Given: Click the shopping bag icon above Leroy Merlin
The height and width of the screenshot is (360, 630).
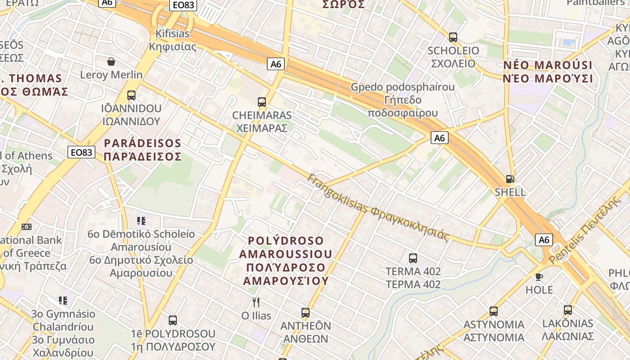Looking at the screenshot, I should [111, 61].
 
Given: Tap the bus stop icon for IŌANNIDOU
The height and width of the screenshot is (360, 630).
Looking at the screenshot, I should [131, 95].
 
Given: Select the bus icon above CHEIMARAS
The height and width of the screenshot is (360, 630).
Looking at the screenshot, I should [262, 102].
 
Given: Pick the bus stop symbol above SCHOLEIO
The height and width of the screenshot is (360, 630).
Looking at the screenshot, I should [453, 37].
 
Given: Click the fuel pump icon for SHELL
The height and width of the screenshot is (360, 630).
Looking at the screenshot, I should [510, 179].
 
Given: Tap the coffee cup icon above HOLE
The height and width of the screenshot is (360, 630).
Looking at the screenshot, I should [539, 277].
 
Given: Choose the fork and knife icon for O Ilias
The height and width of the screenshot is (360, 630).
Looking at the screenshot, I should [256, 302].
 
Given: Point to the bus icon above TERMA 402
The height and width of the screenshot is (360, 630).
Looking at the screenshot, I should [413, 258].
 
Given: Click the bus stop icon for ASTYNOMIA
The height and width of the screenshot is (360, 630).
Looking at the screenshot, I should [494, 311].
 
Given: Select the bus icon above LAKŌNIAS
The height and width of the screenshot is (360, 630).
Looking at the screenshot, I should [568, 310].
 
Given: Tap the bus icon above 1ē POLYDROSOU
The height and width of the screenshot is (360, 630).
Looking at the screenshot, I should [173, 320].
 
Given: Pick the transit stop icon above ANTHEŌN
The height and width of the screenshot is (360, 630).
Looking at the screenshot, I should [306, 312].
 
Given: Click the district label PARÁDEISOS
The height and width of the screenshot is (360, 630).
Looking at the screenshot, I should [142, 150].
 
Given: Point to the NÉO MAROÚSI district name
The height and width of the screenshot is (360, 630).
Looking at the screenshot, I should [548, 72].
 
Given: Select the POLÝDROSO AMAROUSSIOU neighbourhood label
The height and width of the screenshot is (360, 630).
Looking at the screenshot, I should [285, 261].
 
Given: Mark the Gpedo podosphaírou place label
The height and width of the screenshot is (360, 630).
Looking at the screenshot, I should [403, 99].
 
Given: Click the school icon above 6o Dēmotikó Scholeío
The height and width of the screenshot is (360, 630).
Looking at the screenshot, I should [141, 221].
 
